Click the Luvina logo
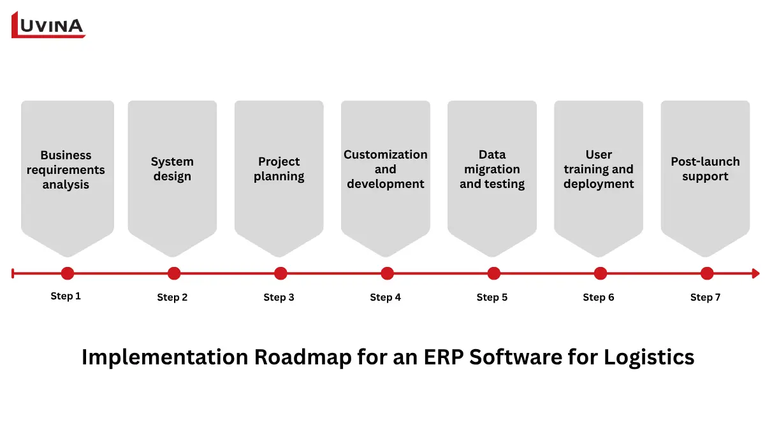[x=48, y=25]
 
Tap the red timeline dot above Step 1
[x=68, y=273]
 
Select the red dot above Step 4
[x=387, y=273]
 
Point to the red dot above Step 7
[x=706, y=273]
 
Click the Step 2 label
[x=172, y=297]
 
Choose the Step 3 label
[x=279, y=297]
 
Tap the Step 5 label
[x=492, y=297]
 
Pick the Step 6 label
[x=598, y=297]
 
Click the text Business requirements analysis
[x=66, y=170]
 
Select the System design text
[x=172, y=169]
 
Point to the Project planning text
[x=279, y=169]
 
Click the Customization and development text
[x=385, y=169]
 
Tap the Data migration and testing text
[x=492, y=169]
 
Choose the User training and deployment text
[x=598, y=169]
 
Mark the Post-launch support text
[x=705, y=169]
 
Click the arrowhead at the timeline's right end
[x=755, y=273]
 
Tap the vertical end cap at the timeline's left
[x=13, y=273]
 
